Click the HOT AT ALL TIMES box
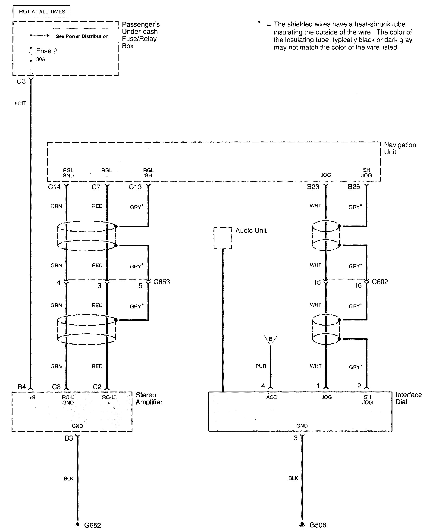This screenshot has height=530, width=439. [x=42, y=12]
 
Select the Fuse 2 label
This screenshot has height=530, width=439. [x=47, y=51]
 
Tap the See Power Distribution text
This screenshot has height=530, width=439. [x=82, y=36]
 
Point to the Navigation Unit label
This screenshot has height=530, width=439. [x=400, y=148]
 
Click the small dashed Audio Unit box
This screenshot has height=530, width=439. [x=223, y=238]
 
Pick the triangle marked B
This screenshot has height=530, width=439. [x=270, y=339]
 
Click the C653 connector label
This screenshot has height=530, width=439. [x=162, y=282]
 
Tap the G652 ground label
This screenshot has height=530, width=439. [x=92, y=525]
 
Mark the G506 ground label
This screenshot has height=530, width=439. [x=318, y=525]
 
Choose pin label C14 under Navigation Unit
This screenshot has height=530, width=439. [x=54, y=187]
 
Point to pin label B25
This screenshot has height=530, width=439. [x=353, y=187]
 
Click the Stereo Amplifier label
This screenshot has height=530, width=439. [x=149, y=398]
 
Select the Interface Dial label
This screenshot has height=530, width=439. [x=408, y=398]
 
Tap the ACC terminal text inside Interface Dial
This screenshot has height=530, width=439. [x=271, y=397]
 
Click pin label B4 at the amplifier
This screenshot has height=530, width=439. [x=22, y=387]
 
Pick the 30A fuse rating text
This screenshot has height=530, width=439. [x=41, y=60]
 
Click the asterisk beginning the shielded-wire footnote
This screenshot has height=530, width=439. [x=259, y=22]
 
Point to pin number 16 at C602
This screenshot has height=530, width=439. [x=358, y=285]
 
